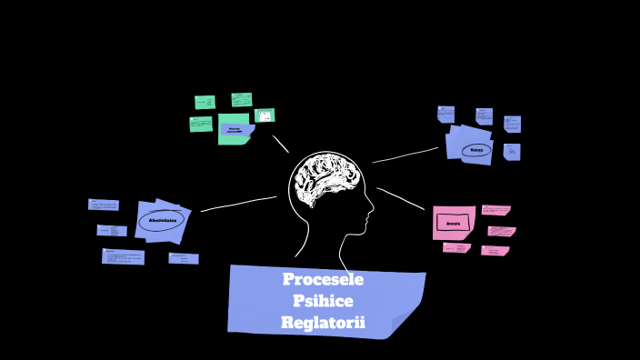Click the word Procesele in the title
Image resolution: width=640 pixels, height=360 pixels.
pos(323,279)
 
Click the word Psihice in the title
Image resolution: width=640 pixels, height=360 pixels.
pos(323,301)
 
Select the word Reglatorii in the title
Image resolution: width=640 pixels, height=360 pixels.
pos(323,323)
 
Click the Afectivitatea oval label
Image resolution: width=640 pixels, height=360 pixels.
pos(161,220)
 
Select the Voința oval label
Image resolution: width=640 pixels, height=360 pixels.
pos(475,149)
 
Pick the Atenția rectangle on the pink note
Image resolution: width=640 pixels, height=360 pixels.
pos(454,223)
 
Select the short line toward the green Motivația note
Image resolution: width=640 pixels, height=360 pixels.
pos(281,144)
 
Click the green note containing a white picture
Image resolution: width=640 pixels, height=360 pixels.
pos(265,115)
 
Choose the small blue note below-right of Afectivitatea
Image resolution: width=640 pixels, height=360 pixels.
pos(184,258)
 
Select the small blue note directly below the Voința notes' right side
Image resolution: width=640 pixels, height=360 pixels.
pos(512,151)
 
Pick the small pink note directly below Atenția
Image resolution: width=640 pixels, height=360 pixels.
pos(455,247)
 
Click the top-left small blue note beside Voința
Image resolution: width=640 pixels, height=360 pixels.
pos(445,114)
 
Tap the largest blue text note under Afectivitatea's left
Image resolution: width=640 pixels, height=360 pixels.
pos(123,256)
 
